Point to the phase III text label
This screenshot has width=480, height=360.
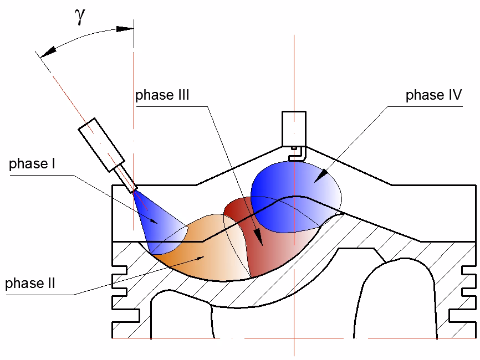pos(162,95)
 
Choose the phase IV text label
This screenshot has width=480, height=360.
pos(433,95)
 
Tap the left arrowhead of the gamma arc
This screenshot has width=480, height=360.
pos(47,50)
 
